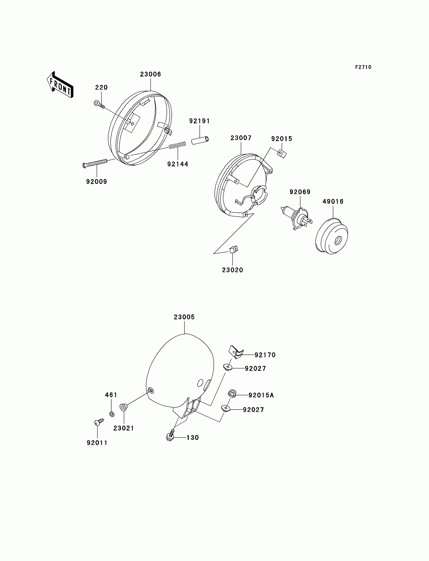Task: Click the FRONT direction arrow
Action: pos(60,85)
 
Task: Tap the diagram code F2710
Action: pos(363,67)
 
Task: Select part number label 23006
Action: pos(150,74)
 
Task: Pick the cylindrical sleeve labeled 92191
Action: pos(200,140)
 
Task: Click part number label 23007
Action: pos(241,138)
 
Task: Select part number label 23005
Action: pos(184,317)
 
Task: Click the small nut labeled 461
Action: pos(112,414)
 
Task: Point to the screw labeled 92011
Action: pos(98,422)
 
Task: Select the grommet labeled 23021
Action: pos(123,407)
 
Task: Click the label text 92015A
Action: pos(261,395)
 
